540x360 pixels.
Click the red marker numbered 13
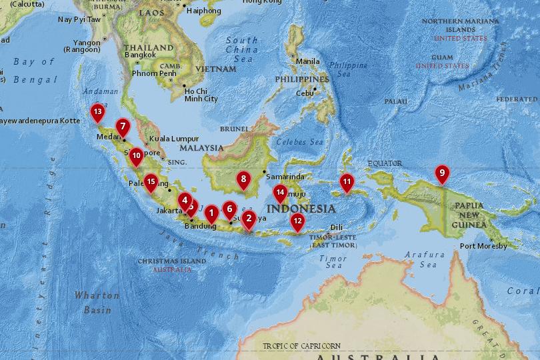coord(98,111)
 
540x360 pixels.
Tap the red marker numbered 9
coord(441,173)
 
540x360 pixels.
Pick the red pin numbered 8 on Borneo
coord(244,179)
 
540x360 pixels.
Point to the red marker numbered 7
coord(123,125)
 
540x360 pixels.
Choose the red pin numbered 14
coord(280,193)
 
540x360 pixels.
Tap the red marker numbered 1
coord(211,214)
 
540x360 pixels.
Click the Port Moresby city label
coord(484,246)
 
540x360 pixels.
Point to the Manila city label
coord(308,61)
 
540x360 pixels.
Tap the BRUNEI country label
coord(233,129)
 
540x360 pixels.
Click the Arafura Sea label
coord(426,259)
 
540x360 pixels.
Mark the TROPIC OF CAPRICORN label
coord(301,346)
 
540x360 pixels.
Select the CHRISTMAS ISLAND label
coord(172,261)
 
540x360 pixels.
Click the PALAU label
coord(395,101)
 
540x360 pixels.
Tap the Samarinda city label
coord(285,177)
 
